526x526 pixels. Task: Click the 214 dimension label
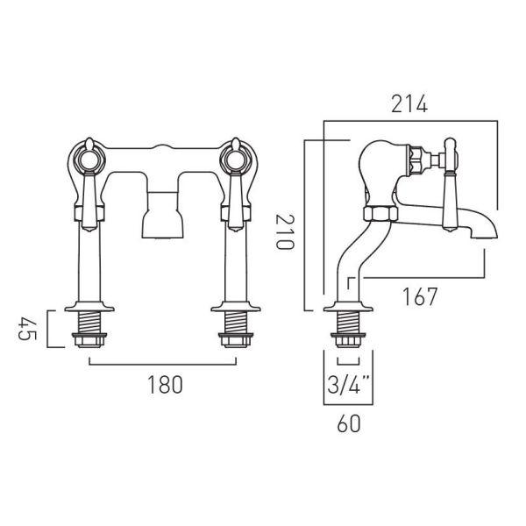coord(409,104)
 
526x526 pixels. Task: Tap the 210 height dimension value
coord(285,231)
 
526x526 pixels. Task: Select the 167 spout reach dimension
coord(420,296)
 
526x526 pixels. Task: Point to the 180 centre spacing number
coord(165,385)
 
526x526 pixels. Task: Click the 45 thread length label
coord(27,329)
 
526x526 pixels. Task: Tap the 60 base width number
coord(349,423)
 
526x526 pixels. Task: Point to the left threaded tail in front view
coord(89,323)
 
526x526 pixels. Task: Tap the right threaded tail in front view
coord(236,323)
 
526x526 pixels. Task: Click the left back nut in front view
coord(89,340)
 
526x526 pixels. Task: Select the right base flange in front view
coord(236,307)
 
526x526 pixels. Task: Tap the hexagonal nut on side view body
coord(380,214)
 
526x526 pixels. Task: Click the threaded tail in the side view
coord(348,323)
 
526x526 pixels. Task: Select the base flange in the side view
coord(348,307)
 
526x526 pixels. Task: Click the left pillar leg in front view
coord(89,265)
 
